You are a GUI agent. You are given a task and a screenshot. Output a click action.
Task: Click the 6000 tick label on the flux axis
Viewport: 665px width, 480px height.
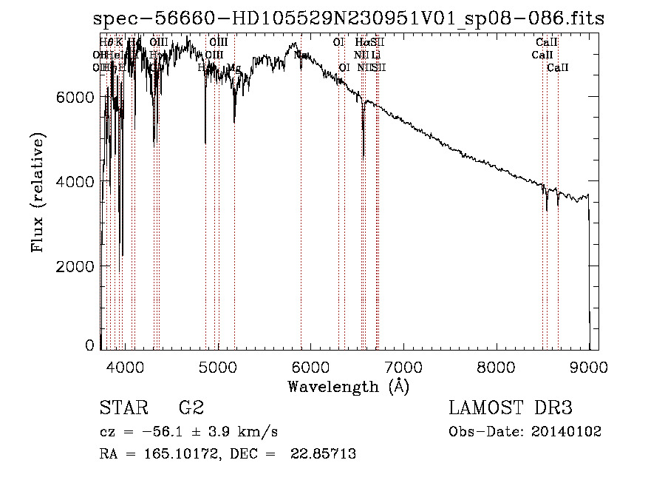[x=76, y=97]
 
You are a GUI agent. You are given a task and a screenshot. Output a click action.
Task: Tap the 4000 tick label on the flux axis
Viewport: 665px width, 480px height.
[x=76, y=181]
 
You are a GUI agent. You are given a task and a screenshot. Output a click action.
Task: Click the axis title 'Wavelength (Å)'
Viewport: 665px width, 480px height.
[x=348, y=386]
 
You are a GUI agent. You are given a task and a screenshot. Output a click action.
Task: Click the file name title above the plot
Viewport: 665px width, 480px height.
[x=349, y=19]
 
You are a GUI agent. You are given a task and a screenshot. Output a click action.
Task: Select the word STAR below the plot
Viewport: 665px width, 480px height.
[x=122, y=408]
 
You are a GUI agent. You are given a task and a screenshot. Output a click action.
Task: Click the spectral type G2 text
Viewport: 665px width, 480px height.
[x=191, y=408]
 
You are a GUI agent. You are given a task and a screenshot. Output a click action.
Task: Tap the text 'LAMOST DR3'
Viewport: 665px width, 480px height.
[x=511, y=408]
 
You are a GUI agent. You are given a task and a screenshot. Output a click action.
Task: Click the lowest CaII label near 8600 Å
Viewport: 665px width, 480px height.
[x=558, y=68]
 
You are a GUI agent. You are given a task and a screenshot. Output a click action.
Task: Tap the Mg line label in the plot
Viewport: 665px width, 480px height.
[x=234, y=68]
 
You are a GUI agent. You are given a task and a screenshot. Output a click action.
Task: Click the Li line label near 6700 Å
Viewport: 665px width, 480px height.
[x=376, y=55]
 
